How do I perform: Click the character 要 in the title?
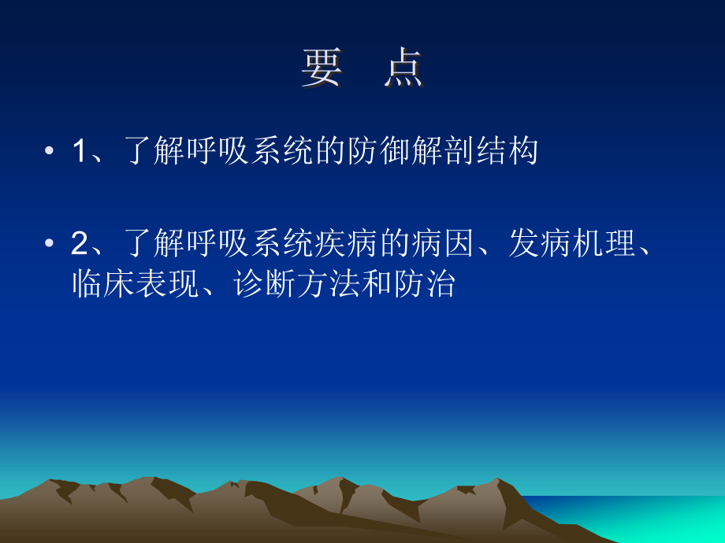(322, 69)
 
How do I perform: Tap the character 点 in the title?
(404, 69)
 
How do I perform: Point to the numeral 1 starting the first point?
(78, 152)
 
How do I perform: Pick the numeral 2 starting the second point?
(78, 246)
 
